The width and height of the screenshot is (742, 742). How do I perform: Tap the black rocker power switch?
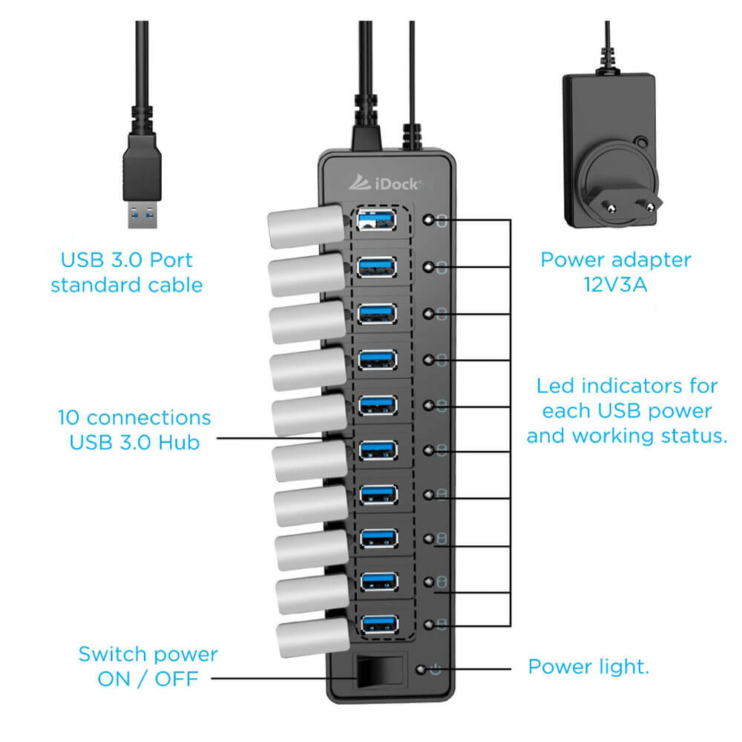[x=381, y=672]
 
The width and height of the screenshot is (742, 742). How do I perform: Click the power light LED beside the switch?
[x=422, y=669]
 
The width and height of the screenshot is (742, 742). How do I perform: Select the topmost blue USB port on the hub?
[x=378, y=220]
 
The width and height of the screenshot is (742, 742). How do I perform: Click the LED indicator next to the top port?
[x=428, y=220]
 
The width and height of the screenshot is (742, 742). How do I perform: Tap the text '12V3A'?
[x=616, y=284]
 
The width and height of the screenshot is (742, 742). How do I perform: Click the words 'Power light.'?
[x=588, y=666]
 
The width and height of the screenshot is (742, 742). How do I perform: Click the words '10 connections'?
[x=134, y=418]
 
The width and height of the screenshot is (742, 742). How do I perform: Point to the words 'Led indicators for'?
[x=627, y=386]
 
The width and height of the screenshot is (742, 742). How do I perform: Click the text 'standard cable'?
[x=127, y=285]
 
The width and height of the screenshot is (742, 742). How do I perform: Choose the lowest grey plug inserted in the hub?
[x=312, y=639]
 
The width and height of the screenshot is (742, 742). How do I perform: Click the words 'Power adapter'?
[x=615, y=260]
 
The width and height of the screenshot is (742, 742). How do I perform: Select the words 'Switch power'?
[x=148, y=654]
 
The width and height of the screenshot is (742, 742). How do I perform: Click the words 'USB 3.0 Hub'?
[x=134, y=442]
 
